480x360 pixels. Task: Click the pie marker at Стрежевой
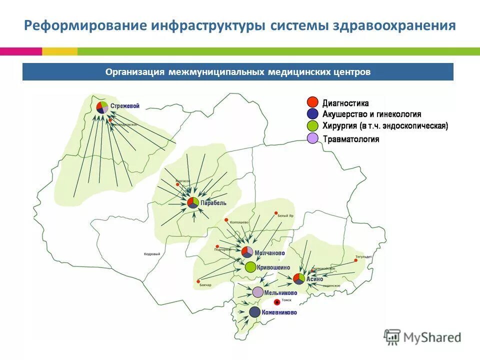[x=102, y=106]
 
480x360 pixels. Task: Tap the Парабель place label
[x=213, y=203]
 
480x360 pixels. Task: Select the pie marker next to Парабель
[x=193, y=202]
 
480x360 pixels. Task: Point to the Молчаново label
[x=269, y=253]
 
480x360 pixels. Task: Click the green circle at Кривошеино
[x=250, y=267]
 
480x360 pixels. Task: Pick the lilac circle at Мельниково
[x=257, y=292]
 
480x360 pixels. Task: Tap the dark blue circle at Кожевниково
[x=254, y=312]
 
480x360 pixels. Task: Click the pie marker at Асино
[x=298, y=278]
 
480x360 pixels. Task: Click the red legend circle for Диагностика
[x=312, y=102]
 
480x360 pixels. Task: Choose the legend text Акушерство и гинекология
[x=371, y=114]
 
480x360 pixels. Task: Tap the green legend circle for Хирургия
[x=312, y=125]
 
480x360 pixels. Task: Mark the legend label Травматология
[x=350, y=139]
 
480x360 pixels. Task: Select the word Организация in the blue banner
[x=135, y=72]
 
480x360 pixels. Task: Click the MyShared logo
[x=422, y=337]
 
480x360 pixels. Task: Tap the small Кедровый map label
[x=151, y=254]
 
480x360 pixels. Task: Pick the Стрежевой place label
[x=124, y=106]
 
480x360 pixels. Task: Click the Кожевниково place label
[x=279, y=312]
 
